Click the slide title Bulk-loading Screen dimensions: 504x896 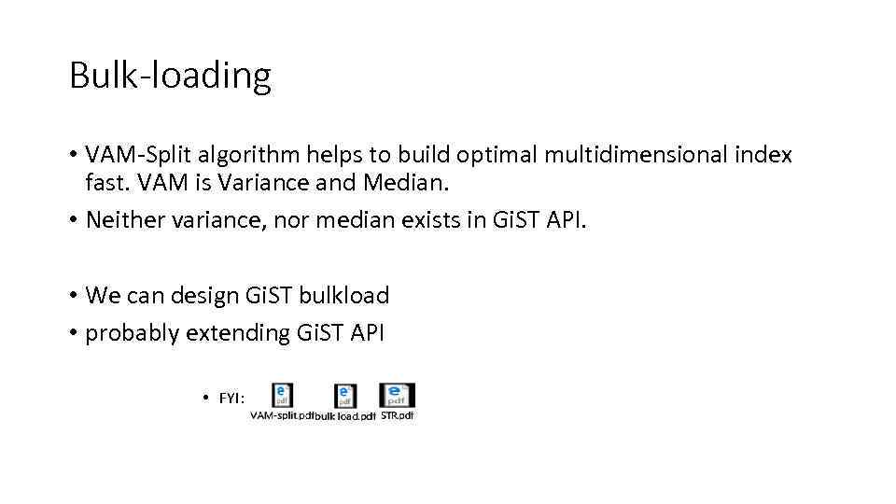tap(170, 75)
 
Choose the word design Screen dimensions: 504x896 tap(203, 296)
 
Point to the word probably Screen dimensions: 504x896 tap(133, 333)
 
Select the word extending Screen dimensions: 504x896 tap(238, 333)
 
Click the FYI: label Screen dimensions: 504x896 tap(231, 399)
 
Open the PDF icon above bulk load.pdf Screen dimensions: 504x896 tap(344, 396)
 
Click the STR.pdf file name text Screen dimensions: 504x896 tap(397, 415)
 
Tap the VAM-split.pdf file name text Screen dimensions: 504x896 tap(281, 415)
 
